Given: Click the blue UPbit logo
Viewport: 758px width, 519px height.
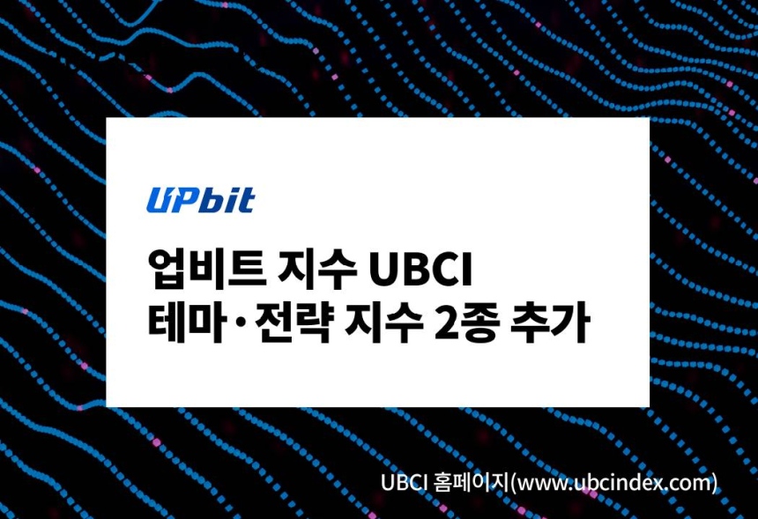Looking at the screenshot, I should coord(200,200).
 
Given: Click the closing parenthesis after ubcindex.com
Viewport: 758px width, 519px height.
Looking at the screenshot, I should coord(715,484).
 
